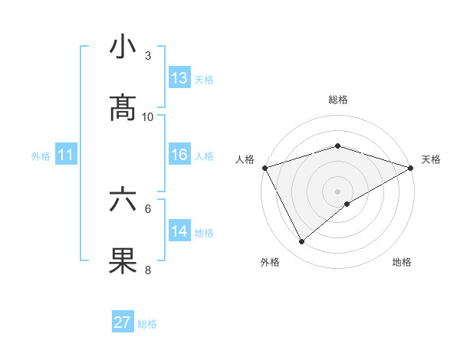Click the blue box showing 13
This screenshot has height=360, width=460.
click(179, 78)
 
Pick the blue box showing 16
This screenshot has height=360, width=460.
click(179, 155)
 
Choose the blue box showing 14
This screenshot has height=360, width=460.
click(179, 231)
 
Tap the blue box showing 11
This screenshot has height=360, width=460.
click(66, 155)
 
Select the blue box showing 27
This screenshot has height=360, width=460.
click(123, 322)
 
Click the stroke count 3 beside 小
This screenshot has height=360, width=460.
click(148, 56)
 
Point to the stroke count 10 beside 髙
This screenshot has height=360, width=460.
click(148, 116)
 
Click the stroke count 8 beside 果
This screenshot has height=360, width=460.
click(148, 270)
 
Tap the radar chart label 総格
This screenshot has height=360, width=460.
click(338, 100)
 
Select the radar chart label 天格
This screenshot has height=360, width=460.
click(432, 159)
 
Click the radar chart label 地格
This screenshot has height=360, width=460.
click(402, 263)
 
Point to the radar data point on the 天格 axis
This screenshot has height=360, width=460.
click(411, 168)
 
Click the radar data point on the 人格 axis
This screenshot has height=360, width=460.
click(264, 168)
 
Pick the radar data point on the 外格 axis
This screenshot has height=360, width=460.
click(301, 242)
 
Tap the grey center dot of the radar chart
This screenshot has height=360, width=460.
click(338, 191)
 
